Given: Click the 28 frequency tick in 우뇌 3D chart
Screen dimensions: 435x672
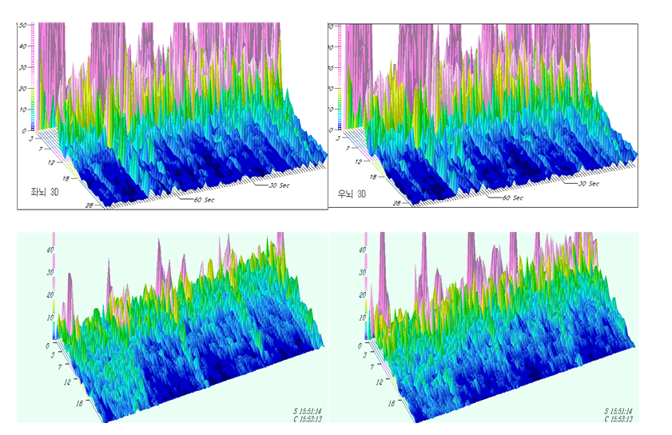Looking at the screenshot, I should pyautogui.click(x=396, y=204).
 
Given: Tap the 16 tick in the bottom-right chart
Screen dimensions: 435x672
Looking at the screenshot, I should pyautogui.click(x=392, y=404).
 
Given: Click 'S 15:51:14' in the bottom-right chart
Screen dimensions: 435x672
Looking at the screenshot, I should pyautogui.click(x=623, y=410).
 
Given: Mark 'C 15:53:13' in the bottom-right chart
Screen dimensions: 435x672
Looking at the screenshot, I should pyautogui.click(x=623, y=419).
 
